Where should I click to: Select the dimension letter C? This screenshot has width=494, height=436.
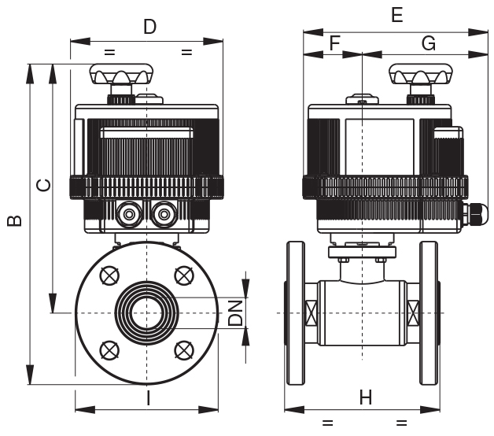click(x=45, y=186)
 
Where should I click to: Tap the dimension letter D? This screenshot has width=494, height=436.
click(x=149, y=28)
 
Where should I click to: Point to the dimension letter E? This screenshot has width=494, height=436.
click(x=396, y=15)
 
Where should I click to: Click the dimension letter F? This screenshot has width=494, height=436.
click(x=334, y=44)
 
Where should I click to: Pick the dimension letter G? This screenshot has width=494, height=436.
click(x=429, y=44)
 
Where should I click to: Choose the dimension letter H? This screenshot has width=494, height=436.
click(x=366, y=397)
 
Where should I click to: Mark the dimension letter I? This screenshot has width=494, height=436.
click(x=148, y=398)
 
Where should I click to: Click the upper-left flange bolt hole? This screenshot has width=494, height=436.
click(x=109, y=275)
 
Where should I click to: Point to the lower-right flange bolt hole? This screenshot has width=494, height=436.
click(x=184, y=349)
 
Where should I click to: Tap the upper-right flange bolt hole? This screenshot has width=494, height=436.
click(x=184, y=275)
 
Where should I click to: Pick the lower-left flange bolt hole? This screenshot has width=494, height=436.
click(x=109, y=349)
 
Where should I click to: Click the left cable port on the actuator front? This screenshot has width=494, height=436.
click(x=128, y=212)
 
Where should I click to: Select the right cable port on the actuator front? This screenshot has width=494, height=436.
click(x=164, y=212)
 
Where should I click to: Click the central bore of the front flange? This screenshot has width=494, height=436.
click(x=147, y=313)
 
